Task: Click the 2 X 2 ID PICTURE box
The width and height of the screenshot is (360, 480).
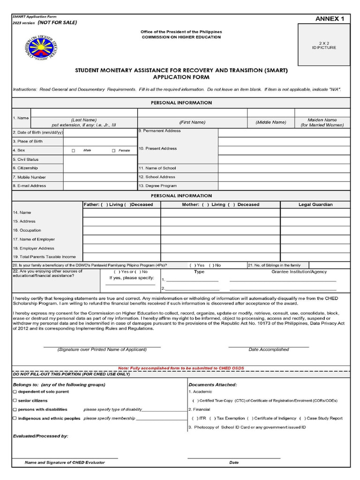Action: coord(324,45)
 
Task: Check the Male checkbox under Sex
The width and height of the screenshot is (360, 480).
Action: coord(74,150)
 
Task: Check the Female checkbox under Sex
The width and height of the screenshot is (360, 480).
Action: coord(113,150)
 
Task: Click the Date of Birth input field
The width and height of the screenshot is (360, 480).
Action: coord(100,133)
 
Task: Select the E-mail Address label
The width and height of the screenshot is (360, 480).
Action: coord(29,186)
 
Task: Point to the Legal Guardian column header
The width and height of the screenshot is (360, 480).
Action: coord(315,204)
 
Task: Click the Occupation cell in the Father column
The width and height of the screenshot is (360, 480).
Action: coord(121,230)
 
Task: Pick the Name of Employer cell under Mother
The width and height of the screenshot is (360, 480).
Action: coord(220,239)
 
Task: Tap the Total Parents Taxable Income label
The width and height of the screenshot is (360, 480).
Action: coord(44,257)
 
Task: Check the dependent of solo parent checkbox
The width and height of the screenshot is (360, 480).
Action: coord(15,391)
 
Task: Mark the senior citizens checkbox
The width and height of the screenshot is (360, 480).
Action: coord(15,400)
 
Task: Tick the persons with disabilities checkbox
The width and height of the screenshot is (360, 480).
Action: coord(15,409)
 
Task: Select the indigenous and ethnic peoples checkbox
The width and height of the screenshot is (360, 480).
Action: coord(15,418)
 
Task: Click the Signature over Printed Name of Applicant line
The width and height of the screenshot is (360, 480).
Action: coord(102,347)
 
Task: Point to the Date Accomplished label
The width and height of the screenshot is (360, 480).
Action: coord(269,349)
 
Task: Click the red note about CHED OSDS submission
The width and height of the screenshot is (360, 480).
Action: coord(181,368)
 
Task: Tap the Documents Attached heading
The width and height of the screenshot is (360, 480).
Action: coord(212,384)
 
